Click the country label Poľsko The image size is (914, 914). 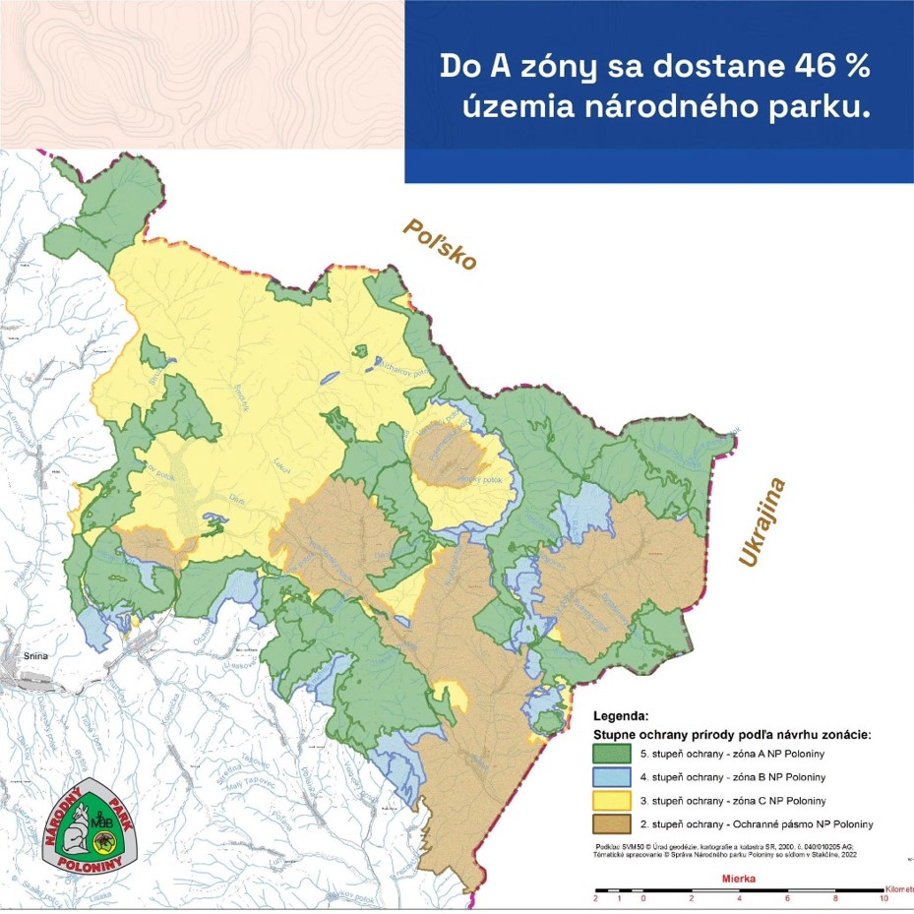[439, 244]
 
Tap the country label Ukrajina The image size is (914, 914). [762, 522]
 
